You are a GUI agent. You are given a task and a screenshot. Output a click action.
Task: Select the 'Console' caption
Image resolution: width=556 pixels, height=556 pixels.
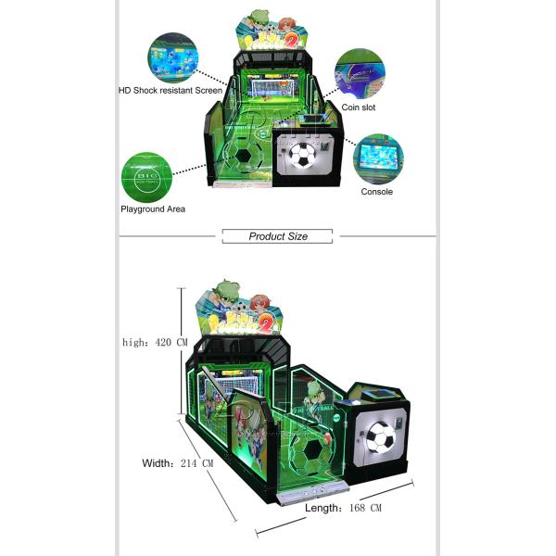click(376, 192)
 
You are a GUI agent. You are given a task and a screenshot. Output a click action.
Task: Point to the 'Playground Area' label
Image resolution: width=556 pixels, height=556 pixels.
click(153, 209)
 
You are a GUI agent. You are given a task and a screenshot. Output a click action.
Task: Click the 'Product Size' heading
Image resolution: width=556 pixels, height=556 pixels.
click(278, 236)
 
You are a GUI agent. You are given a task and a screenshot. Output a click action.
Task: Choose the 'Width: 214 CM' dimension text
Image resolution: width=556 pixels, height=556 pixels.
click(178, 462)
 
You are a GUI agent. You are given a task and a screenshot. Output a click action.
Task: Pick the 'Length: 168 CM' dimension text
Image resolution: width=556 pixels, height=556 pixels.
click(344, 507)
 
